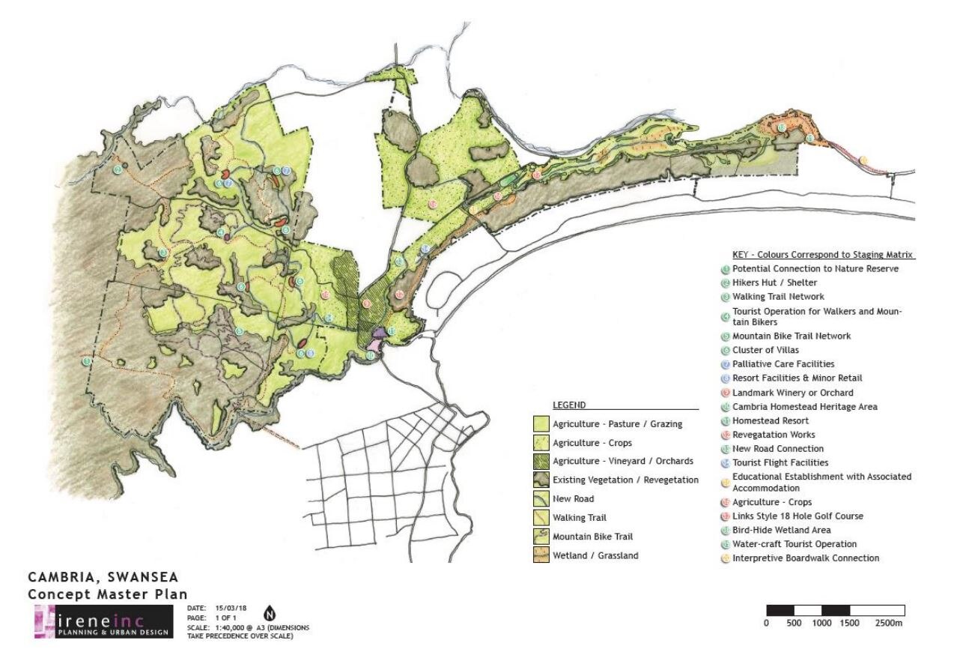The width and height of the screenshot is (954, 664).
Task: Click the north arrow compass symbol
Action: point(270,613)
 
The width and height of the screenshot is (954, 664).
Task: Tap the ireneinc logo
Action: point(103,621)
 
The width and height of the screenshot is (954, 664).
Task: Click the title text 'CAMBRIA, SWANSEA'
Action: point(103,578)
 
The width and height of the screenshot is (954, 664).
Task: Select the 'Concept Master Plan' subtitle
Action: point(103,594)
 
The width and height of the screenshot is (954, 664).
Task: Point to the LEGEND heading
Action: point(569,405)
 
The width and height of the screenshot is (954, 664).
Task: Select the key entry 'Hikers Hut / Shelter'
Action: point(774,283)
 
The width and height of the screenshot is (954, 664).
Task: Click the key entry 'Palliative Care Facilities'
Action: point(783,364)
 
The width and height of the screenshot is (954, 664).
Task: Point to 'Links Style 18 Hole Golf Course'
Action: point(797,516)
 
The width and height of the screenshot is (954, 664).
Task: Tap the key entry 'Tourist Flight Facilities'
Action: point(780,462)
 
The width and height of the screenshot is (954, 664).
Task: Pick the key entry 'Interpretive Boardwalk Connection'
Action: point(806,558)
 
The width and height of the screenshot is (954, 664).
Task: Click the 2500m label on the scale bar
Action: point(887,623)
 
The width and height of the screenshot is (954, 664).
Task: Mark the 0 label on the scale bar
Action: point(766,623)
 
